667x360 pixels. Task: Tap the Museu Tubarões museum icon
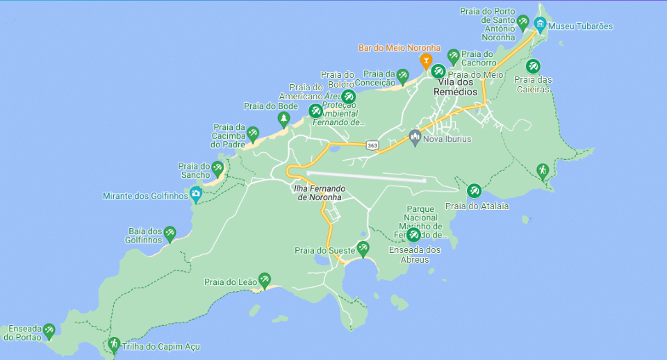(540, 26)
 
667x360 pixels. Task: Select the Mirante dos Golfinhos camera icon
(196, 194)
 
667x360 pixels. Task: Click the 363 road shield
(372, 145)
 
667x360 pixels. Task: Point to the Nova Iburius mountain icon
(415, 137)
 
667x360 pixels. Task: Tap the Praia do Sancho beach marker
(217, 168)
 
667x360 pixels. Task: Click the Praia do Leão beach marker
(264, 280)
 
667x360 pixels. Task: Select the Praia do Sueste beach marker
(363, 249)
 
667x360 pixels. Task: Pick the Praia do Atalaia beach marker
(474, 190)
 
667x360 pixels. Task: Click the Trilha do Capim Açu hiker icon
(113, 344)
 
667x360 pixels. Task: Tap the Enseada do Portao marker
(49, 330)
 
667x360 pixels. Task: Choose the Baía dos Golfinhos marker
(170, 233)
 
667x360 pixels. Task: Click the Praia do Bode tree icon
(283, 119)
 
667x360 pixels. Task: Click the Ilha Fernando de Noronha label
(319, 192)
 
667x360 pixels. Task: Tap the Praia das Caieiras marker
(533, 67)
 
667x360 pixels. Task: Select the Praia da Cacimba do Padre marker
(253, 133)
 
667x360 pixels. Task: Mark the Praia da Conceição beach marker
(402, 76)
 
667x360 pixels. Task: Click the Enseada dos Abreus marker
(414, 235)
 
